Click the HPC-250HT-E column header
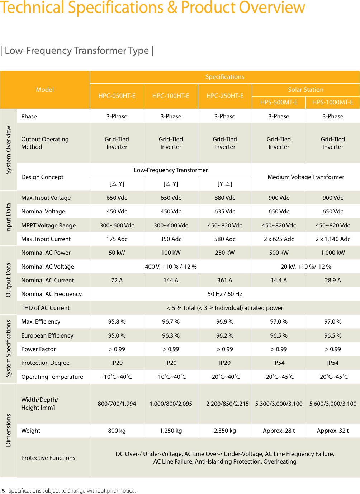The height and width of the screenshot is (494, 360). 225,96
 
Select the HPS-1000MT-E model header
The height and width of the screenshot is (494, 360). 333,102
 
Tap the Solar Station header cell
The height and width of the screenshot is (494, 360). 305,90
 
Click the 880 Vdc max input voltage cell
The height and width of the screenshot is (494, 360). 225,198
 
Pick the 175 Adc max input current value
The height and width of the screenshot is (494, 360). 117,239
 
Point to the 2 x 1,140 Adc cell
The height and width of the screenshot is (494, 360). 333,239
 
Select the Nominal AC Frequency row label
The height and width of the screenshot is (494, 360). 52,294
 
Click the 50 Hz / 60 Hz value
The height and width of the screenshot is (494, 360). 225,294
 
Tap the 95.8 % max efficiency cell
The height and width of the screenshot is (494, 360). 117,321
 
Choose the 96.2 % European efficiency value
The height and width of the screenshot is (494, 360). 225,335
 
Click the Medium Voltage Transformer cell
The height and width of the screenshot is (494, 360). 305,177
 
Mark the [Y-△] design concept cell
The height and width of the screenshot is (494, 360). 225,184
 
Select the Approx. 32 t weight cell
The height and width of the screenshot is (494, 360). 333,431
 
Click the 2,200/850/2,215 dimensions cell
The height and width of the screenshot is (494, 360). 227,404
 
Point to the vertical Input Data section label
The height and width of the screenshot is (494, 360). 9,218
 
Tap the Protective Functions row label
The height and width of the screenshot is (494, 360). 48,458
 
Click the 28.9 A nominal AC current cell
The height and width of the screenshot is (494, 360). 333,280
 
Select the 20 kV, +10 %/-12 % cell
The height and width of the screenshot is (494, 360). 305,267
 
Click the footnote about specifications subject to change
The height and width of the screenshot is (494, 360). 72,490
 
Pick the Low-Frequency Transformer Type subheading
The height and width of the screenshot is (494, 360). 77,51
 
